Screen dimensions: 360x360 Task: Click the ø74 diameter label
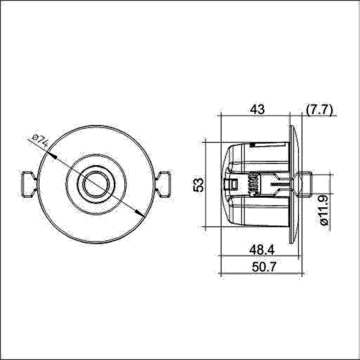tap(39, 140)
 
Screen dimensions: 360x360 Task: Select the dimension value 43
tap(257, 109)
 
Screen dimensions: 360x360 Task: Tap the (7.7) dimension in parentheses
tap(320, 109)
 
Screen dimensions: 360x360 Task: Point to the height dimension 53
tap(199, 184)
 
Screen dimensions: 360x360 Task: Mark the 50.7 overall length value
tap(260, 269)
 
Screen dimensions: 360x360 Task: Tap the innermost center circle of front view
tap(95, 184)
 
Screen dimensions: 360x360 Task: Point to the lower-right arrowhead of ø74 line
tap(139, 216)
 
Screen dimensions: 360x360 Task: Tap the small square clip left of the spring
tap(229, 185)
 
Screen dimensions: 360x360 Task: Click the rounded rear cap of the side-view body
tap(226, 184)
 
